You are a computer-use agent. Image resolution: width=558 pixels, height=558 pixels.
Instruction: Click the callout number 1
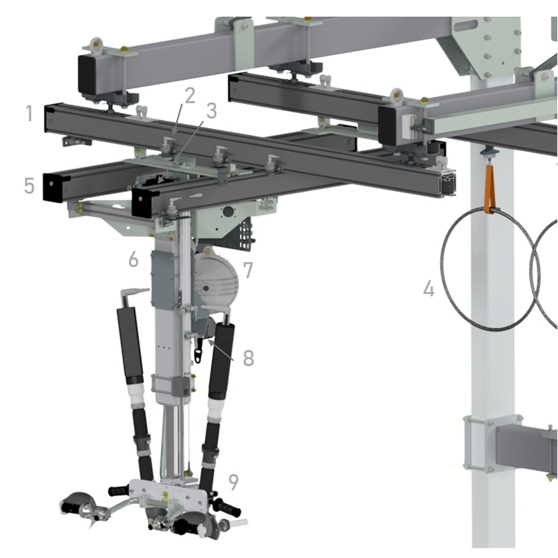(x=29, y=114)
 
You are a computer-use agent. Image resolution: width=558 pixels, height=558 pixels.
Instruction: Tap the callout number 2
(x=190, y=96)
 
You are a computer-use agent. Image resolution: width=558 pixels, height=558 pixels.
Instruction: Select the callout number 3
(x=211, y=111)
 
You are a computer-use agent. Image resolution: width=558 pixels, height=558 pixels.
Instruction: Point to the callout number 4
(x=429, y=289)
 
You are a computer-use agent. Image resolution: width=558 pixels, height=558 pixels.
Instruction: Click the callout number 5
(x=29, y=186)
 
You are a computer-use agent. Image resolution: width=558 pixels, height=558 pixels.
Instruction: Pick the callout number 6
(x=133, y=259)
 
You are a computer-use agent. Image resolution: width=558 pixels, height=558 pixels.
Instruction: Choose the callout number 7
(x=248, y=270)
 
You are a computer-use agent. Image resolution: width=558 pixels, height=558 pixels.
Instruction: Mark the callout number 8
(x=249, y=358)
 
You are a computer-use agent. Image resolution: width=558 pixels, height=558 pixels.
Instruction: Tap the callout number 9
(x=233, y=482)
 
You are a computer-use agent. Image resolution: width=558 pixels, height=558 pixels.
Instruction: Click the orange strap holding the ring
(x=489, y=189)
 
